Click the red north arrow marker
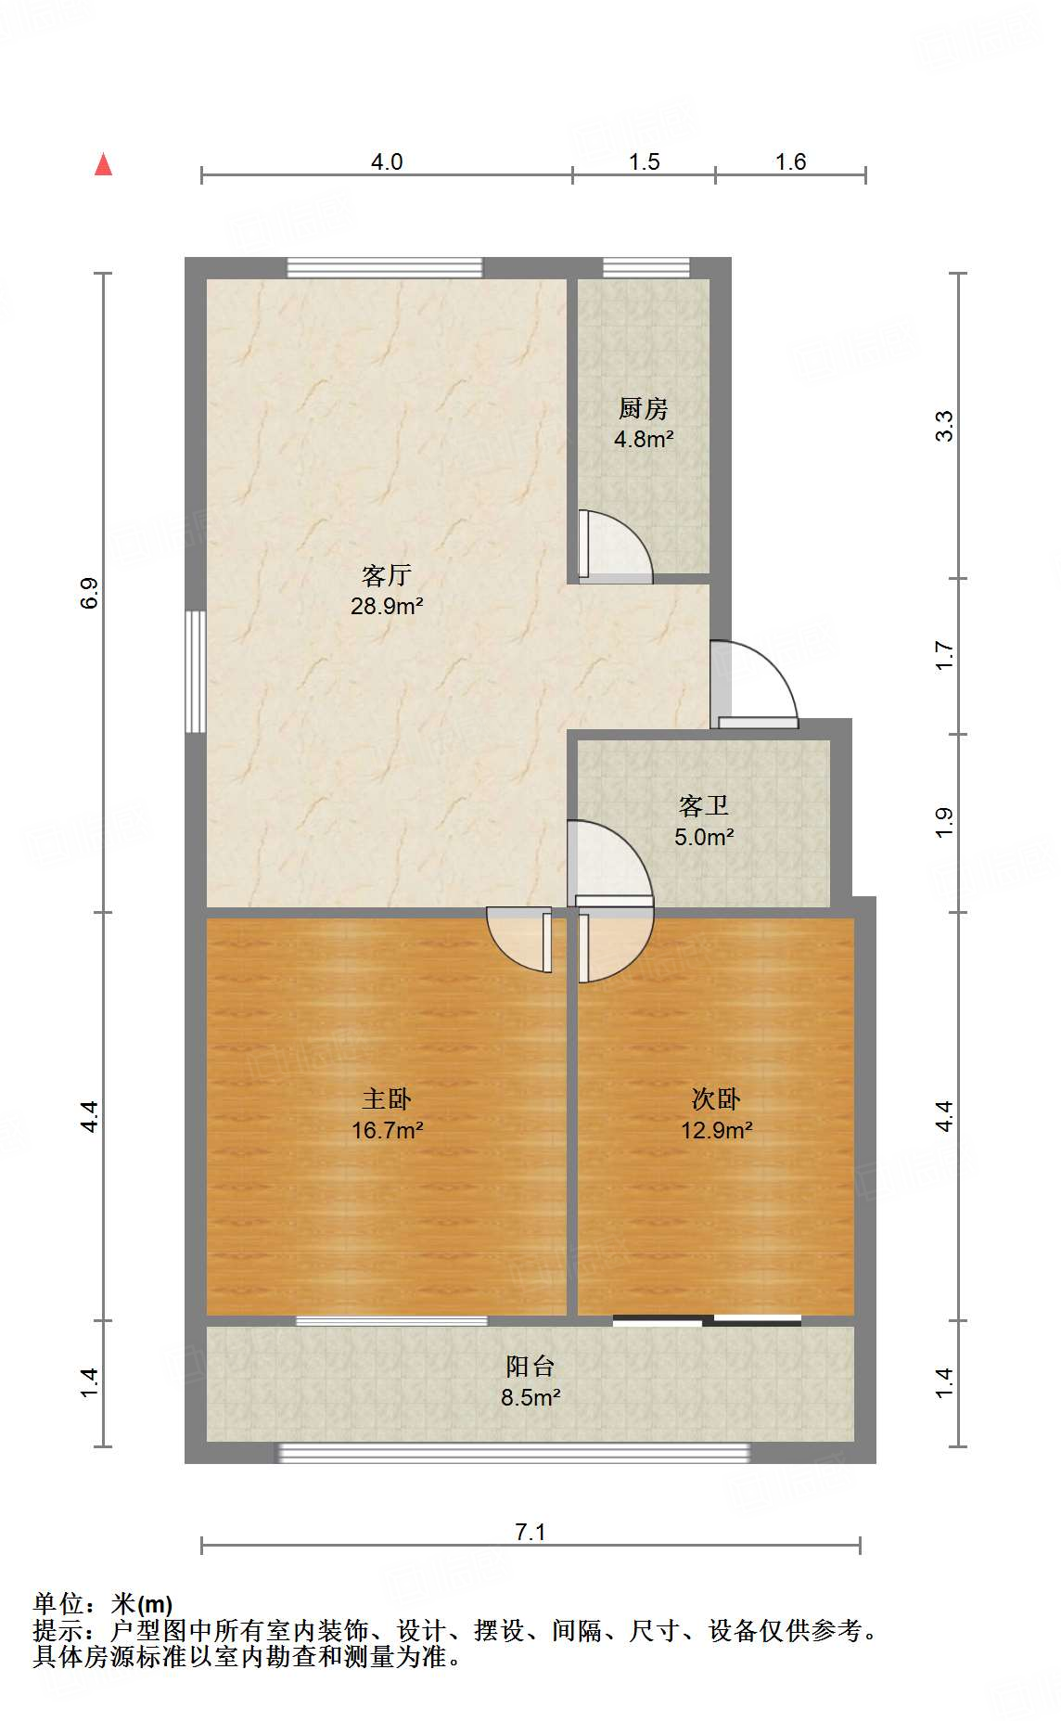tap(103, 165)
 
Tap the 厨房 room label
tap(643, 408)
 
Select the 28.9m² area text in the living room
tap(387, 607)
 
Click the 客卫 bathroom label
tap(703, 805)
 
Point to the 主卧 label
tap(386, 1099)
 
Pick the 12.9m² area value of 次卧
tap(716, 1130)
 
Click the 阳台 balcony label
tap(530, 1366)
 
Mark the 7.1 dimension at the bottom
tap(530, 1532)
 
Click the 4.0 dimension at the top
tap(387, 161)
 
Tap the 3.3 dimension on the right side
tap(944, 425)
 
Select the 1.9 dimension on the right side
tap(944, 822)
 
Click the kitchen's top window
tap(646, 267)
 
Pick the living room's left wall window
tap(195, 671)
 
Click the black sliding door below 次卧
tap(707, 1319)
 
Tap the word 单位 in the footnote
tap(58, 1603)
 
